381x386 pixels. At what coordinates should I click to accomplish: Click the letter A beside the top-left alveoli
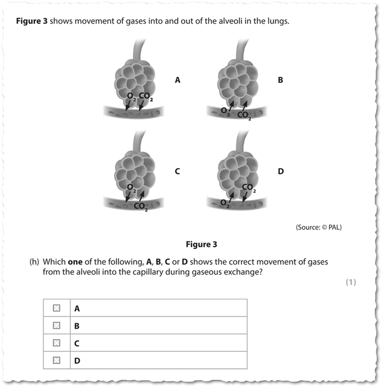coord(177,80)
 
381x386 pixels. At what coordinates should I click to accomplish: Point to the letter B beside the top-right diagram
coord(280,80)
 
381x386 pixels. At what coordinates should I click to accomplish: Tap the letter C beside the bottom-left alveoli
coord(177,171)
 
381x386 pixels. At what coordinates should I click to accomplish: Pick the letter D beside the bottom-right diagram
coord(280,171)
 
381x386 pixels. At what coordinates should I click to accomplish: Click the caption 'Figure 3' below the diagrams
coord(201,245)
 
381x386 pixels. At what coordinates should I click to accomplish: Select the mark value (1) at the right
coord(350,283)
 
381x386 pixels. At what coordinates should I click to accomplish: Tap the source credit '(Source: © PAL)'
coord(318,227)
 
